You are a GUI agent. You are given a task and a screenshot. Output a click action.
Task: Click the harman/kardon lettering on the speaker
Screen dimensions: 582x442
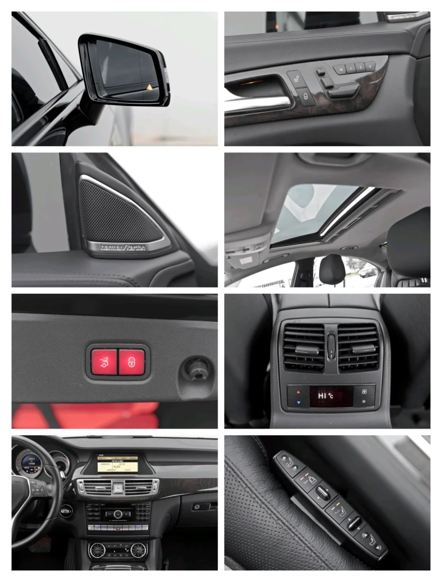[x=123, y=247]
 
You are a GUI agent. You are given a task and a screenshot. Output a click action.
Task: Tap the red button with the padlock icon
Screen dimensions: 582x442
[x=131, y=362]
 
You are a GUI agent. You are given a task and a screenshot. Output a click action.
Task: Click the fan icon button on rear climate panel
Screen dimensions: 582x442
[x=364, y=390]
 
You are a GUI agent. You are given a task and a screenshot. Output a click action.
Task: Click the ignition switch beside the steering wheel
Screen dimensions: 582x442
[x=66, y=511]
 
